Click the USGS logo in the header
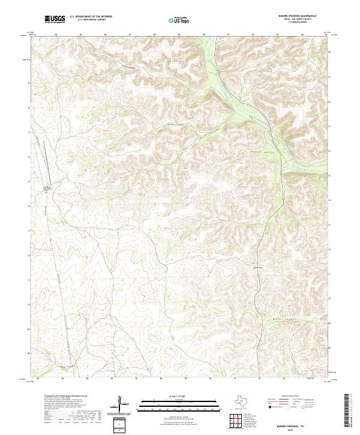(x=55, y=19)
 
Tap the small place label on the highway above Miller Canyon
(x=259, y=267)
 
